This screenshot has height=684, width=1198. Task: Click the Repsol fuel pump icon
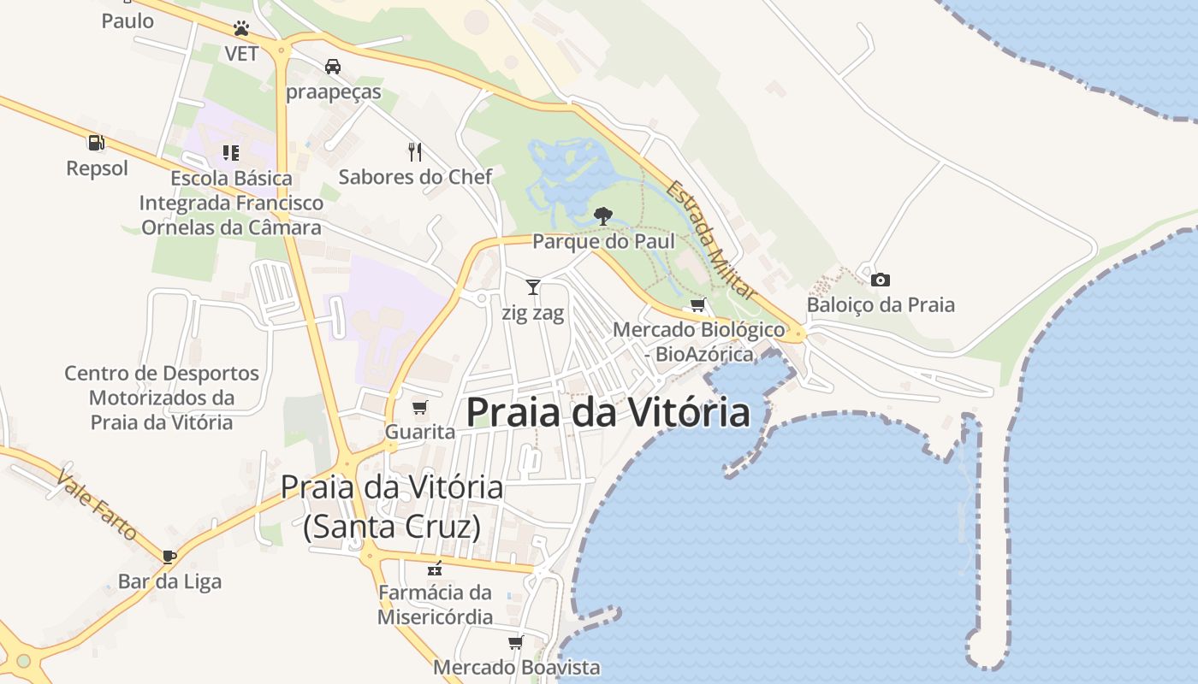(x=96, y=143)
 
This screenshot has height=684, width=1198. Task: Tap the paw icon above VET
(x=241, y=28)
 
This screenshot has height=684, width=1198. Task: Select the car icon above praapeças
(x=333, y=66)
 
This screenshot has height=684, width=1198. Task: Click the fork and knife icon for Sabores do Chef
(x=415, y=152)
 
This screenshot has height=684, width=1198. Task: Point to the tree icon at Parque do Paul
(x=603, y=215)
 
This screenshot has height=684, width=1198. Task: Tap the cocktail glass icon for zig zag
(x=533, y=287)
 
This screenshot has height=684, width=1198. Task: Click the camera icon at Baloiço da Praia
(x=880, y=280)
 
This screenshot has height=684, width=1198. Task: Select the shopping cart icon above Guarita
(x=419, y=407)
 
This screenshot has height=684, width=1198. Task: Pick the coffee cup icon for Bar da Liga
(x=169, y=557)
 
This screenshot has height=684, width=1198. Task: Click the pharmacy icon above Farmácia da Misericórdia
(x=435, y=568)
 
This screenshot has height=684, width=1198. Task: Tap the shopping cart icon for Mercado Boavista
(x=515, y=642)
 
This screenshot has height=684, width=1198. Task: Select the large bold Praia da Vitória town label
(x=608, y=412)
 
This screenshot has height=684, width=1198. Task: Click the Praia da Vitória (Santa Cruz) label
(x=392, y=507)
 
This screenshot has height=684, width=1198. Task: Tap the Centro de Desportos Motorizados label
(x=162, y=398)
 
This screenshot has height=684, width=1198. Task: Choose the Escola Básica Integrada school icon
(x=230, y=153)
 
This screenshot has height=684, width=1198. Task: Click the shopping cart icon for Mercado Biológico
(x=697, y=305)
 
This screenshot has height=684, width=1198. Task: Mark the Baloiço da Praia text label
(x=881, y=304)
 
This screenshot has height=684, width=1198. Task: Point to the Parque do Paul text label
(x=603, y=241)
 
